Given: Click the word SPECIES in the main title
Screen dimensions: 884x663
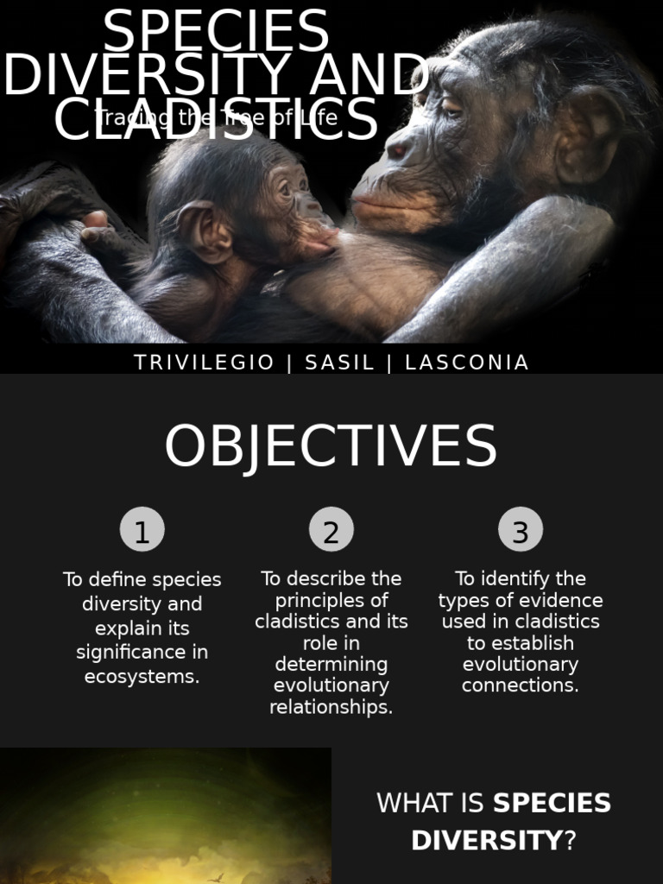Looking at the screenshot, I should coord(216,33).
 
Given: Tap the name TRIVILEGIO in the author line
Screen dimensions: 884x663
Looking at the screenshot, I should coord(205,363).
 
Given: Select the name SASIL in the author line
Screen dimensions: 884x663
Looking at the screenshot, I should coord(340,363).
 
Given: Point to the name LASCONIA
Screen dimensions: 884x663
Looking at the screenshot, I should coord(466,363).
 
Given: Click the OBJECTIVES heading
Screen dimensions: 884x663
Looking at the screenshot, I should coord(331,447).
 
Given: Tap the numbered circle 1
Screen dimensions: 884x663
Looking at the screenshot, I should coord(142,530).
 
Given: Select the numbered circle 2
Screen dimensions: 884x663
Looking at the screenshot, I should coord(331,530).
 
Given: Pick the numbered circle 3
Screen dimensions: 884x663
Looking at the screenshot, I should coord(521,530).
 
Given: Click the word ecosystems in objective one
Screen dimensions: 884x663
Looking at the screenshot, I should coord(142,677).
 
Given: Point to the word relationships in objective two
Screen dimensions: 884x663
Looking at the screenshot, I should coord(331,707).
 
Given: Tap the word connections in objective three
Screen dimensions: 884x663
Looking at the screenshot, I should coord(520,685).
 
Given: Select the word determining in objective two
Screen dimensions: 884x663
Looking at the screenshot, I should coord(331,665).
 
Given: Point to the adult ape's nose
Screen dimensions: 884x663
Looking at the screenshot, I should coord(397,151).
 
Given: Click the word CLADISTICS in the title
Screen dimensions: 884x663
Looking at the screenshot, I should coord(216,121).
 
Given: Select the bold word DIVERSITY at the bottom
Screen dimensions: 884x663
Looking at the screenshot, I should coord(486,840).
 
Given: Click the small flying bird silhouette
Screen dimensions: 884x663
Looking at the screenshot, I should coord(216,877).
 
